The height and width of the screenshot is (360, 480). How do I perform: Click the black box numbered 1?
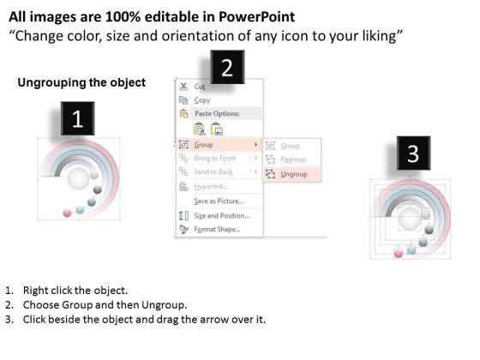(x=77, y=118)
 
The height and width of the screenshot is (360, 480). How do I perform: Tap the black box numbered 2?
(x=227, y=67)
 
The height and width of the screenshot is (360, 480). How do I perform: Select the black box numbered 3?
(x=413, y=153)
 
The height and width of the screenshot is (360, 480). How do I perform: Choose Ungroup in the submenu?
(x=293, y=174)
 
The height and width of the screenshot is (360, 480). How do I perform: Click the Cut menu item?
(x=200, y=87)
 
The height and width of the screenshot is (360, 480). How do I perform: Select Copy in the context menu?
(x=202, y=100)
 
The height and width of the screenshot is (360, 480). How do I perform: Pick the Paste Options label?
(x=217, y=113)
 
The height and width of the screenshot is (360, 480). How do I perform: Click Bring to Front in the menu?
(x=215, y=158)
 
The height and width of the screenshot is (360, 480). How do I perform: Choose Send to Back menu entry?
(x=213, y=171)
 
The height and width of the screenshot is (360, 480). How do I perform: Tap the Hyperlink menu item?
(x=211, y=186)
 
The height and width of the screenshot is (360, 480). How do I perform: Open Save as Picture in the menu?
(x=219, y=201)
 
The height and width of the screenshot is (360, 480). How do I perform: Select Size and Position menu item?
(x=222, y=215)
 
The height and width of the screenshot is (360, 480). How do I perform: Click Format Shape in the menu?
(x=217, y=229)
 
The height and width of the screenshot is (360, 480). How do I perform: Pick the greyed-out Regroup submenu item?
(x=293, y=159)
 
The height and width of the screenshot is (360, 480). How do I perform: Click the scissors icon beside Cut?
(x=183, y=87)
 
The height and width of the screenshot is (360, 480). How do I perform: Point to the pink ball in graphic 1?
(x=67, y=213)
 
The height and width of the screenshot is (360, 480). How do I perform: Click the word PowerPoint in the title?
(x=257, y=16)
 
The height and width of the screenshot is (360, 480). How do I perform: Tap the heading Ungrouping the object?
(x=81, y=82)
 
